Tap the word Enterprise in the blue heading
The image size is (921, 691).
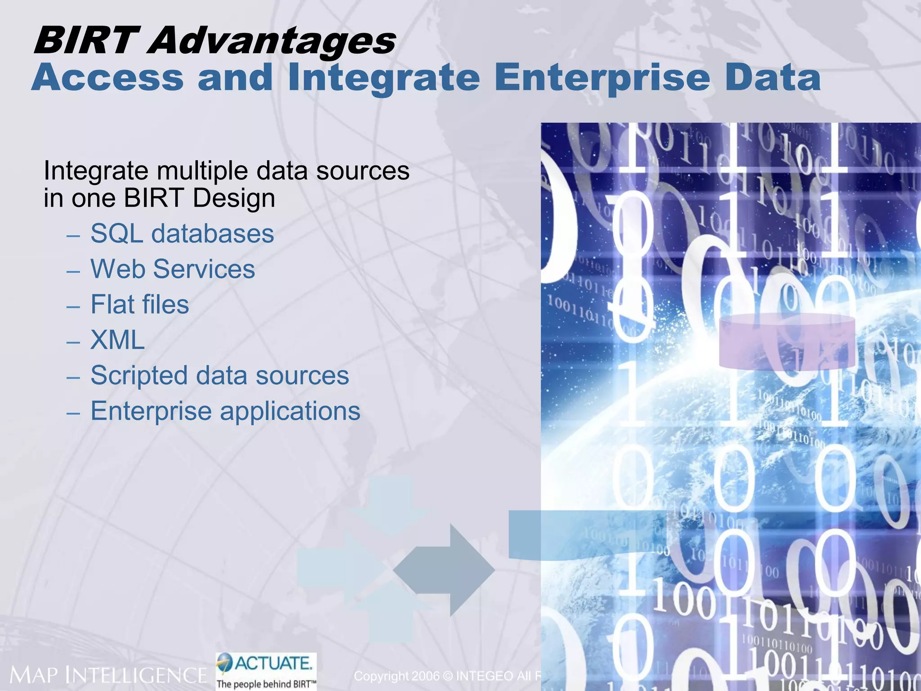coord(602,77)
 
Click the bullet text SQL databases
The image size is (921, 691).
coord(182,233)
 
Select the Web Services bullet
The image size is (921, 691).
coord(173,269)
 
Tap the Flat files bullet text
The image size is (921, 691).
coord(139,304)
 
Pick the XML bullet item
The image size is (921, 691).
coord(117,340)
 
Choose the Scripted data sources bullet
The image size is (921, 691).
coord(219,375)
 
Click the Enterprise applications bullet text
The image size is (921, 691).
coord(225,411)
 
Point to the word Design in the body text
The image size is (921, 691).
coord(234,198)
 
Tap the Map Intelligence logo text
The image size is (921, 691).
coord(108,675)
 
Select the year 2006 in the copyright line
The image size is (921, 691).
coord(425,676)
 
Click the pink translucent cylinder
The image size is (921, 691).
coord(787,341)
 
